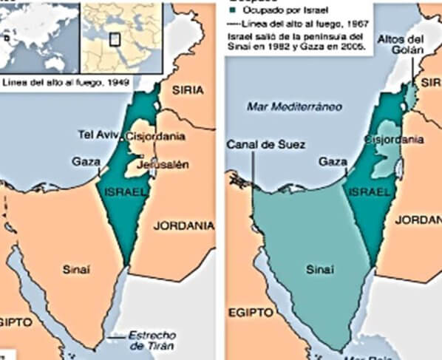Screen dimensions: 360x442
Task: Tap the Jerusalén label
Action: point(170,164)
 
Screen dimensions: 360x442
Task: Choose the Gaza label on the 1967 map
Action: point(332,160)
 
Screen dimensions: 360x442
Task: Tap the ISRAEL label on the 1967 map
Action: point(368,192)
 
